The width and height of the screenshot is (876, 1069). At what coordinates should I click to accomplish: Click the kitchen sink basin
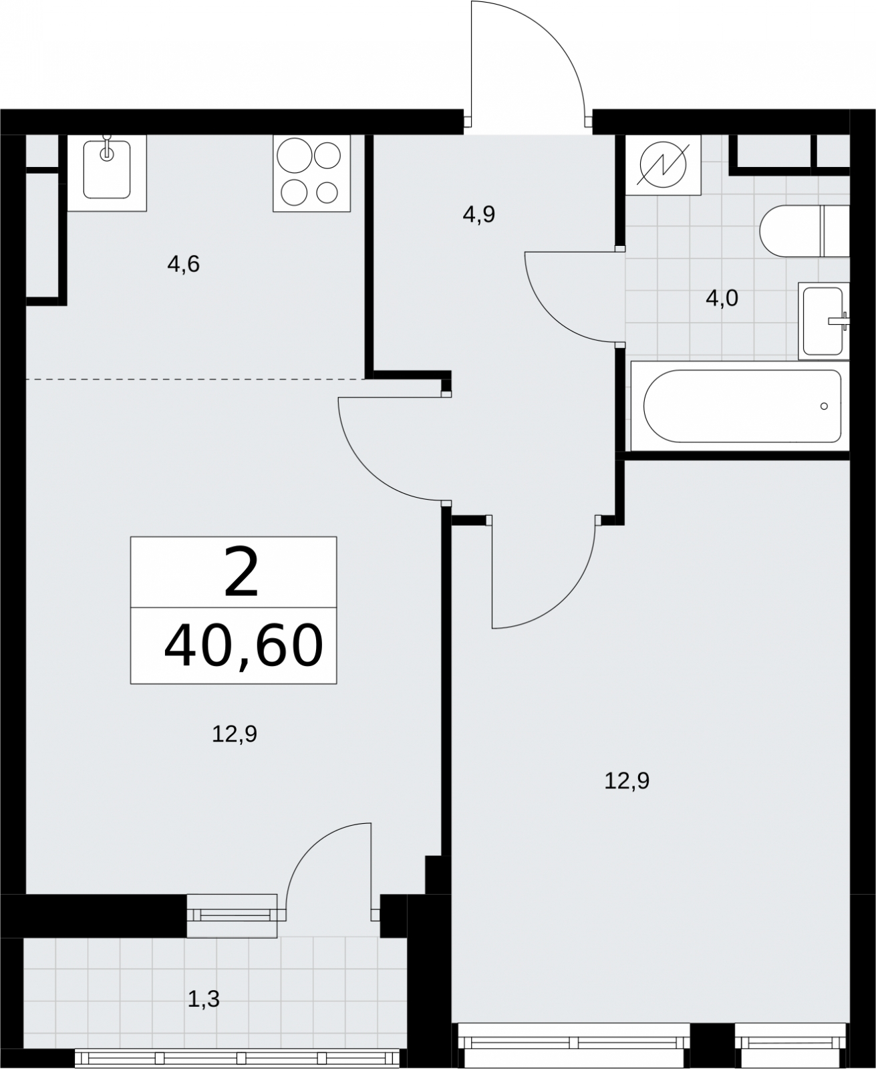[107, 170]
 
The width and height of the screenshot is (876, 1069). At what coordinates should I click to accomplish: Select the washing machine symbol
[663, 165]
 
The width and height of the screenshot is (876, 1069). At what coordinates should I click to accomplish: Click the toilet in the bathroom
[804, 231]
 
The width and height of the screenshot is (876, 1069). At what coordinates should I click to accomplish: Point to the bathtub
[740, 406]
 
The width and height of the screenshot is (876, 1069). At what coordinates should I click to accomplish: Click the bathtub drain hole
[824, 406]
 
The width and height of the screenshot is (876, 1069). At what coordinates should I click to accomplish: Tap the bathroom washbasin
[824, 321]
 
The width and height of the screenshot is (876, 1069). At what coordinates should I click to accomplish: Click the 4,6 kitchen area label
[184, 264]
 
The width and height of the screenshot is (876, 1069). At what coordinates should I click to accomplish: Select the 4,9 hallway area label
[479, 214]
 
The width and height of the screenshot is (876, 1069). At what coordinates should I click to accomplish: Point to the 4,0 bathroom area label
[722, 299]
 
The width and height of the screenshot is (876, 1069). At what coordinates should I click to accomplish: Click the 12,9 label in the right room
[627, 781]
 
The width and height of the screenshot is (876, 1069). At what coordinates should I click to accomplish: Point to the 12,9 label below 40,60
[235, 734]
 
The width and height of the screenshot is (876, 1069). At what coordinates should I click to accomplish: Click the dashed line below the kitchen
[196, 379]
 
